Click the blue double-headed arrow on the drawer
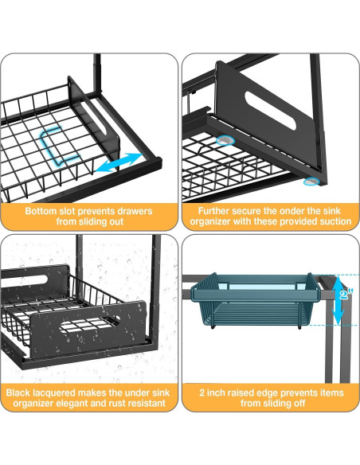(119, 162)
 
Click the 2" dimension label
(346, 295)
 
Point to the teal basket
(255, 299)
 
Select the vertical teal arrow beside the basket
(338, 299)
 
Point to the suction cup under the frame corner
(311, 182)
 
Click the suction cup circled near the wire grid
(225, 140)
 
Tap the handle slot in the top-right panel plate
(271, 115)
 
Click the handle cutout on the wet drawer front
(90, 323)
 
